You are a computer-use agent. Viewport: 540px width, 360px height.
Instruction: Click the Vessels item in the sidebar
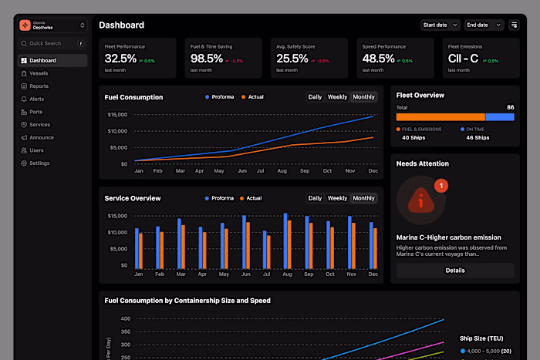point(39,73)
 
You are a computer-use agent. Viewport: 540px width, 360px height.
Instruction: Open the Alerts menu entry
point(37,99)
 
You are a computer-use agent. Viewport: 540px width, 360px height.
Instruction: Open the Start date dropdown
point(440,25)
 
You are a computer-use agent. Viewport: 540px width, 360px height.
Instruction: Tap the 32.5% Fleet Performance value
point(120,59)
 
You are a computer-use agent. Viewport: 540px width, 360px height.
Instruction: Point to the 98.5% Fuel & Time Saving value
point(207,59)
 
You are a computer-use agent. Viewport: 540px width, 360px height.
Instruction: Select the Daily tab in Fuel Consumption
point(315,97)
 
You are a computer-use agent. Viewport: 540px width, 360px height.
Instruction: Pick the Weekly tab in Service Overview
point(337,198)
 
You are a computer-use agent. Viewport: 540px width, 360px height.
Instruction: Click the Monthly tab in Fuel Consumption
point(363,97)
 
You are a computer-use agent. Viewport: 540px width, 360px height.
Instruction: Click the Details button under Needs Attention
point(454,271)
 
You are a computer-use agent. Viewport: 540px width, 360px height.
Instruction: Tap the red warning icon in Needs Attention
point(420,200)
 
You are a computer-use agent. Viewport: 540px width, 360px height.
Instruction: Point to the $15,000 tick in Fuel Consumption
point(116,115)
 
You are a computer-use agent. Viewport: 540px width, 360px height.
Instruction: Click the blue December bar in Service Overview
point(371,245)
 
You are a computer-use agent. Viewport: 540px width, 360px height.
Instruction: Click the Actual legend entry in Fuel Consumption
point(252,97)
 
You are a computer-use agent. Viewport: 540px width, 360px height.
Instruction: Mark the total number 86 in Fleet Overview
point(510,107)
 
